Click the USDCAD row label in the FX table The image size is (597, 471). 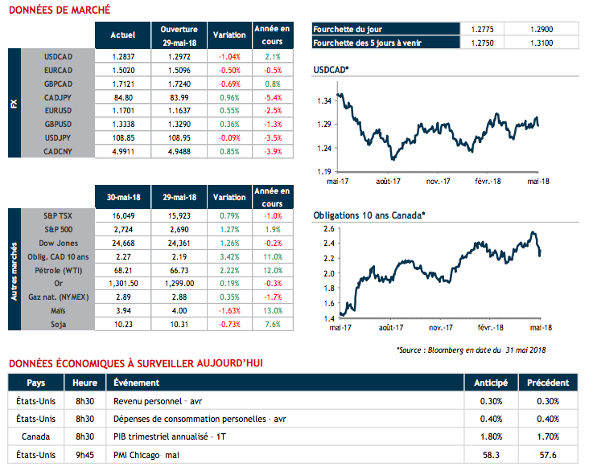(x=60, y=56)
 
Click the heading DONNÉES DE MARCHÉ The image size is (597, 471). (x=54, y=10)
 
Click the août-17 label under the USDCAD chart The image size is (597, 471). (x=388, y=182)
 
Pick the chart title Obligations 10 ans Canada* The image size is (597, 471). (x=368, y=215)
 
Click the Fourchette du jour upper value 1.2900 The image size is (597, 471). (x=542, y=29)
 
